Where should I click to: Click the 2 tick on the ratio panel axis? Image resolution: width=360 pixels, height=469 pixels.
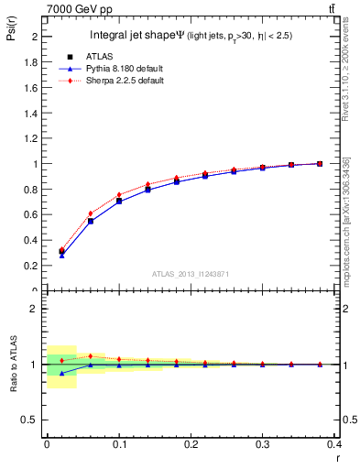point(33,309)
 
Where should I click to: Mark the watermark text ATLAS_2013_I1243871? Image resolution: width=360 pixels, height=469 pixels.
point(191,275)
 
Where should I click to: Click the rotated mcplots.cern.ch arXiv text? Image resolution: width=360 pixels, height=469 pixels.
point(344,220)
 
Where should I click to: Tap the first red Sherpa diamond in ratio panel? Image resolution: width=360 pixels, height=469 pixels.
point(61,361)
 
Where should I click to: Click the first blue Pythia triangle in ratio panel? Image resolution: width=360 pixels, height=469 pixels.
point(61,374)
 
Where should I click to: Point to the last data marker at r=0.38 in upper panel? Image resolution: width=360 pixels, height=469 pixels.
point(319,164)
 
